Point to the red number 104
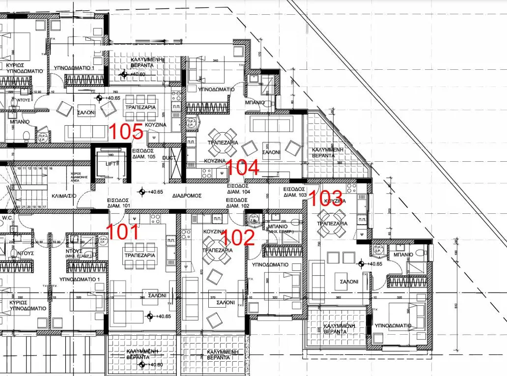[x=243, y=168]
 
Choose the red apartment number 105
[x=126, y=132]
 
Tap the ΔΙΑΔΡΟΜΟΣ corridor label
[x=187, y=195]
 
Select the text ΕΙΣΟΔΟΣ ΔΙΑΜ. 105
[x=144, y=154]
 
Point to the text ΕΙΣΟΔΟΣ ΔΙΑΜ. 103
[x=295, y=192]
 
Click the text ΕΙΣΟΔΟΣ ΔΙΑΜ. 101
[x=118, y=203]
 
